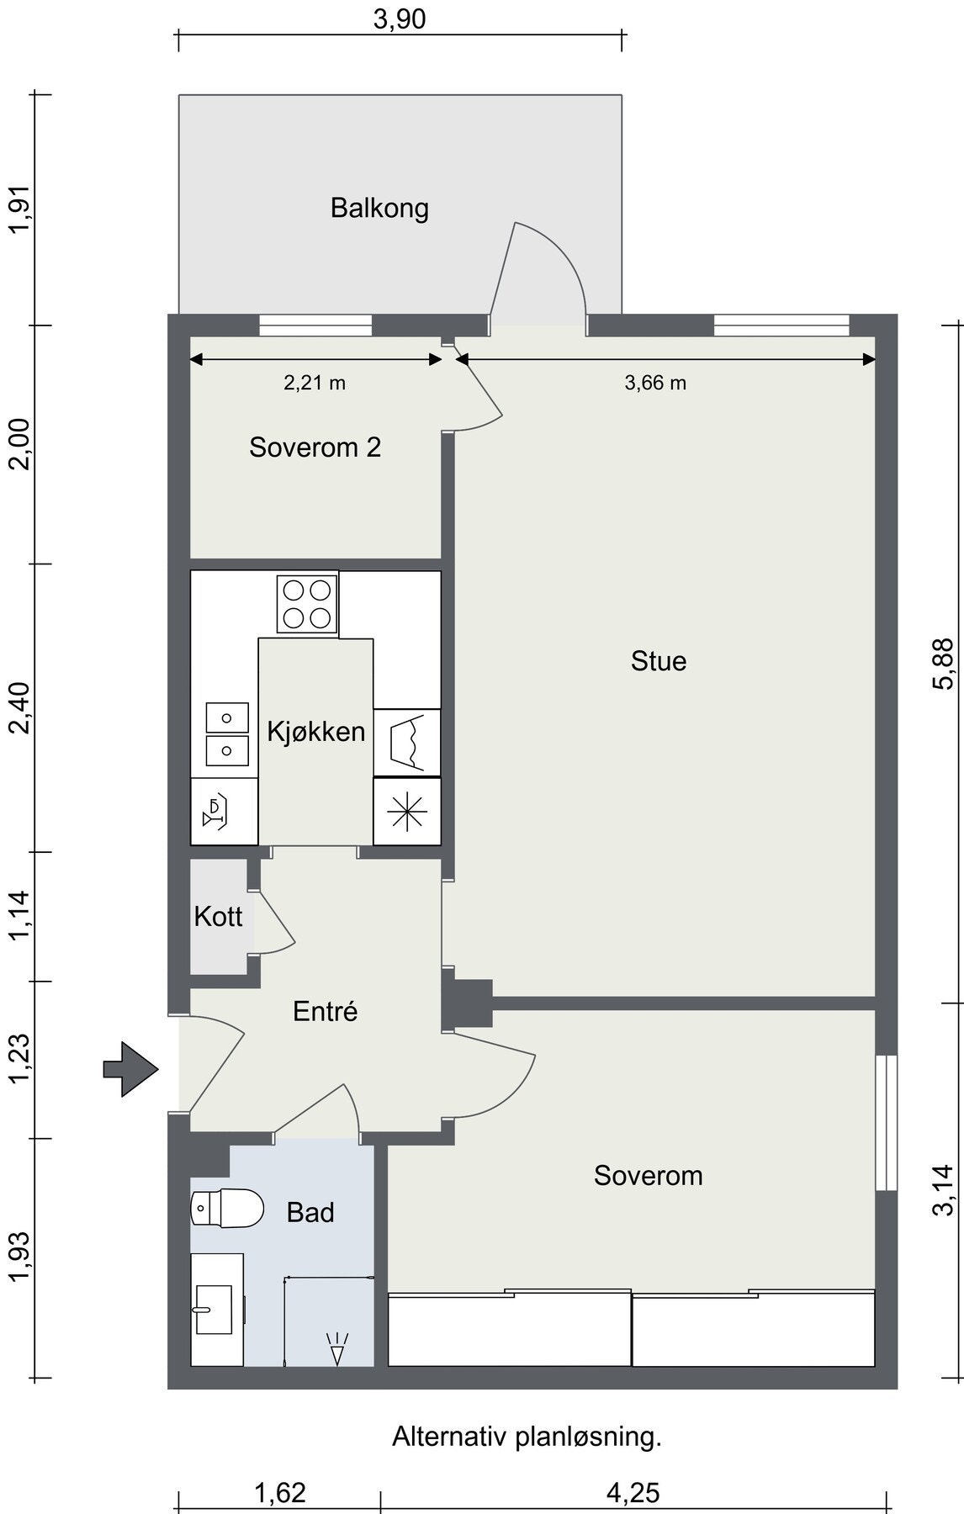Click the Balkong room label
(379, 208)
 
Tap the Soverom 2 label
(315, 447)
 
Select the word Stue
(659, 661)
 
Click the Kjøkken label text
(316, 732)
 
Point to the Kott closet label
(218, 916)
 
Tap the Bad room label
(310, 1212)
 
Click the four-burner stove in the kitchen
(307, 604)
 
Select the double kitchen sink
(227, 734)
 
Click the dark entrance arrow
(131, 1069)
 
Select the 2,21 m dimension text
(315, 384)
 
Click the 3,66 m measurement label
(655, 384)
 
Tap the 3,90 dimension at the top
(400, 19)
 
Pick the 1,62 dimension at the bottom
(280, 1493)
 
